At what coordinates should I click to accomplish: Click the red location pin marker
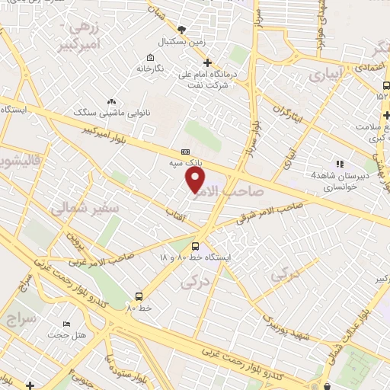196,180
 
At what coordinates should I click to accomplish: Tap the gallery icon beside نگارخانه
151,58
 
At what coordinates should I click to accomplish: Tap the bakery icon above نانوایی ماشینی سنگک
112,101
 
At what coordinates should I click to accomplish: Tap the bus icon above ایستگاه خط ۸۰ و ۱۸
196,246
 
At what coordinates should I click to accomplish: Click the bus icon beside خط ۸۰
139,296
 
